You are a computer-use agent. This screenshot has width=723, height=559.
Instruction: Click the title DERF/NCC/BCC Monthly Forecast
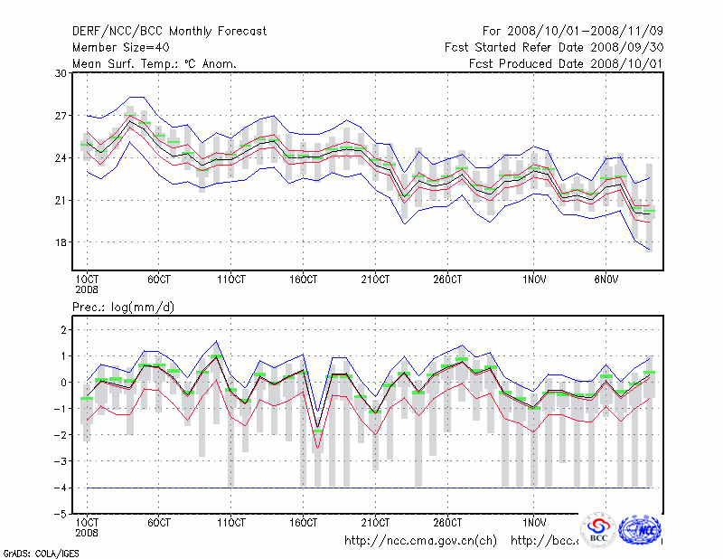coord(169,32)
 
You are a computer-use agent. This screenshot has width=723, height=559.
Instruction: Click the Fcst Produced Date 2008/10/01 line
coord(566,63)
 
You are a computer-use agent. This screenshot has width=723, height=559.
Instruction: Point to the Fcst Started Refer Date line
coord(554,47)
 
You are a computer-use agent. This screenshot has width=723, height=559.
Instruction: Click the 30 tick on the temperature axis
coord(60,73)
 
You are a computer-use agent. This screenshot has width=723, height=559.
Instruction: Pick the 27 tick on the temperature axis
coord(60,116)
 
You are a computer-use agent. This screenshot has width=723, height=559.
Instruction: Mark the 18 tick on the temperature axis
coord(60,242)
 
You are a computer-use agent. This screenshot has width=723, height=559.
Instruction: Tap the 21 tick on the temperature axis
coord(60,200)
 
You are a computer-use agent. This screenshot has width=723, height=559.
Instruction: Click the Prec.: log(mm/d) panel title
coord(123,308)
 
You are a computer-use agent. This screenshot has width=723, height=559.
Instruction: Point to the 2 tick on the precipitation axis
coord(61,330)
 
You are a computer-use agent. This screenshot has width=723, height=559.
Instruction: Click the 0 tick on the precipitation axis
coord(61,383)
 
